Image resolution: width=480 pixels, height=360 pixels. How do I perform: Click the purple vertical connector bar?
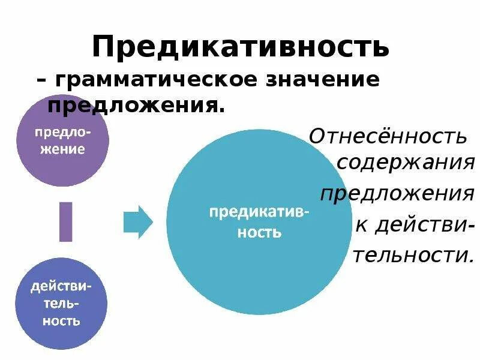pos(65,221)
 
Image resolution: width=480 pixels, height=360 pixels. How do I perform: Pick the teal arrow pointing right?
pos(137,222)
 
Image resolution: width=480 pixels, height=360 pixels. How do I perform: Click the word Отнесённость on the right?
pos(388,137)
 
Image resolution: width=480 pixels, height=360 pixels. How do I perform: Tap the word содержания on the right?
pos(406,162)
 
